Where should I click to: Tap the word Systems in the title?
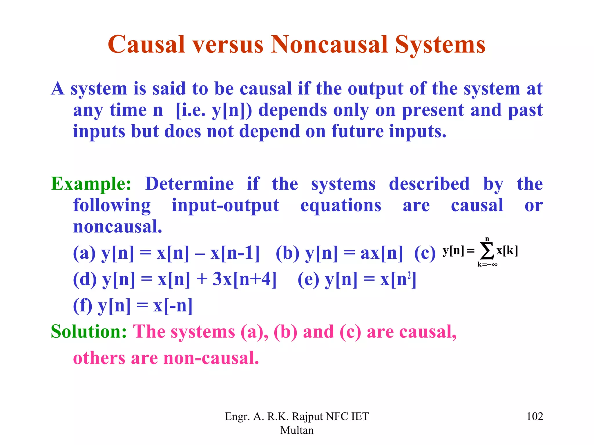[x=440, y=45]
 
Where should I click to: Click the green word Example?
[x=91, y=184]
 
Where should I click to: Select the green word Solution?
[x=89, y=331]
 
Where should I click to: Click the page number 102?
[x=534, y=416]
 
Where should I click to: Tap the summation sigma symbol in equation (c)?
[x=487, y=251]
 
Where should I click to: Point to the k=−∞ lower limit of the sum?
[x=487, y=264]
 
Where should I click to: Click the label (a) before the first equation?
[x=84, y=253]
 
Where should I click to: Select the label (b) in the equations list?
[x=287, y=253]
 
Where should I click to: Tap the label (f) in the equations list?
[x=83, y=306]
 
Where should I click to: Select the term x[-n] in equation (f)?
[x=173, y=306]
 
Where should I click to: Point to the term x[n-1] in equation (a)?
[x=235, y=253]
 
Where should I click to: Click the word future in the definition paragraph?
[x=357, y=131]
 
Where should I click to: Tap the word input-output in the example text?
[x=225, y=205]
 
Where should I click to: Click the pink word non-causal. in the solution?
[x=211, y=358]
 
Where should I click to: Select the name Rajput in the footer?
[x=307, y=416]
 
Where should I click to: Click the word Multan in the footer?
[x=297, y=430]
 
